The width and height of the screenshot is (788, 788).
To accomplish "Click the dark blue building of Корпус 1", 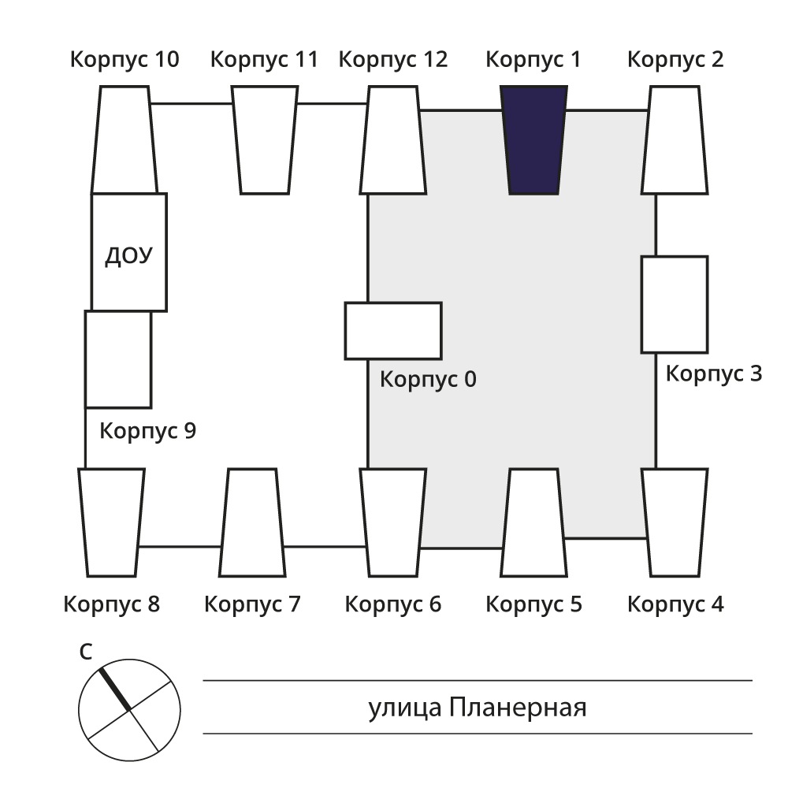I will (533, 139).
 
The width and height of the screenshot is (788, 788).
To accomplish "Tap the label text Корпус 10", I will (124, 59).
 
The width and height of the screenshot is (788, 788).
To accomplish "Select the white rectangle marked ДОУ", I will (128, 252).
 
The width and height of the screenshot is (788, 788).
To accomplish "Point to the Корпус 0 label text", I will (428, 380).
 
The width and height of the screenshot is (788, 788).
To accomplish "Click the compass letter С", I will (87, 652).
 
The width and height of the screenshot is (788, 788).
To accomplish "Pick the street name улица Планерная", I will (477, 708).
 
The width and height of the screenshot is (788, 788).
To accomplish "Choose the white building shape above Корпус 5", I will (533, 522).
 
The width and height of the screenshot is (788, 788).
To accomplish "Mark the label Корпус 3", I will (713, 374).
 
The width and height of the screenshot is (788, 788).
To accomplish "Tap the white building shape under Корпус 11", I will (265, 139).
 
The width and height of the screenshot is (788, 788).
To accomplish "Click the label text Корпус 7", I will (252, 605).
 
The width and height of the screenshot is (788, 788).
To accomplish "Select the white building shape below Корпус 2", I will (674, 139).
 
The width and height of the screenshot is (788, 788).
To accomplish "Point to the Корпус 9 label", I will (147, 431).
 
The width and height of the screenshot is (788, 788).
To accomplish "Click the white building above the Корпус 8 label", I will (112, 522).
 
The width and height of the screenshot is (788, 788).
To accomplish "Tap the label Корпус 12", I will (392, 59).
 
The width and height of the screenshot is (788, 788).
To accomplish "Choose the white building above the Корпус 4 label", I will (674, 522).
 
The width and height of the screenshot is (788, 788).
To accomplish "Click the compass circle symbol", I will (129, 709).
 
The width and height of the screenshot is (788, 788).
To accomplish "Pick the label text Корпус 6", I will (392, 605).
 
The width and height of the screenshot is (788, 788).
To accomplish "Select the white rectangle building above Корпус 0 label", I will (393, 330).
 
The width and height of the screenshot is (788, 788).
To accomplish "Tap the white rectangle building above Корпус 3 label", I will (674, 304).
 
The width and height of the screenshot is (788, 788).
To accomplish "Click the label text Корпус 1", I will (533, 59).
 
